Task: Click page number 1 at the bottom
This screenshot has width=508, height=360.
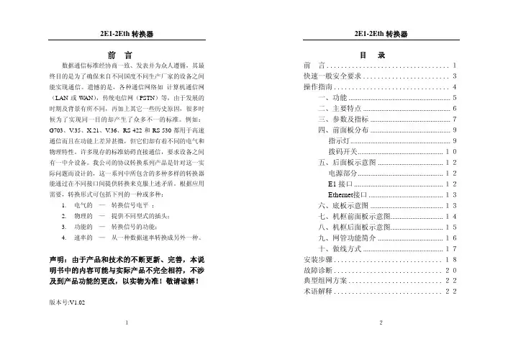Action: pyautogui.click(x=127, y=343)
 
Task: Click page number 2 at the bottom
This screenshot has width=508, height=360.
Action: pyautogui.click(x=381, y=343)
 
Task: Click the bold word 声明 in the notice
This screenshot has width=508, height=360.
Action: pyautogui.click(x=56, y=259)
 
